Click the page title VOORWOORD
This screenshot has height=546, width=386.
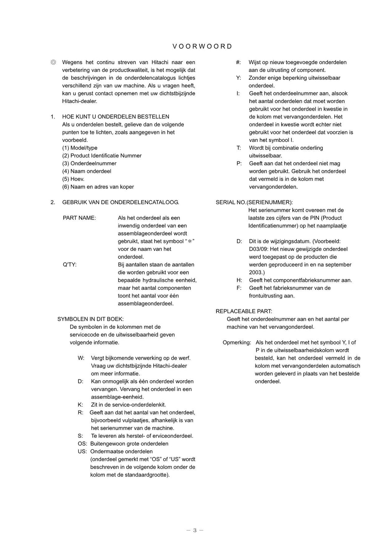[202, 46]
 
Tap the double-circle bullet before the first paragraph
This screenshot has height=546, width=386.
[54, 62]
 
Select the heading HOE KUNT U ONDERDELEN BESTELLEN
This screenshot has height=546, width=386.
[115, 117]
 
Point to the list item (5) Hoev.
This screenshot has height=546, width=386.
[73, 179]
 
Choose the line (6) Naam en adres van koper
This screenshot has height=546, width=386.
[98, 187]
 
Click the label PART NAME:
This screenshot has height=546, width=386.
[79, 218]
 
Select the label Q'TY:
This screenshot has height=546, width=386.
[70, 265]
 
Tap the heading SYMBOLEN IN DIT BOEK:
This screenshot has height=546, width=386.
[90, 319]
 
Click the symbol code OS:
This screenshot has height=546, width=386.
[82, 444]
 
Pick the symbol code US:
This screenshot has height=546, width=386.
[82, 451]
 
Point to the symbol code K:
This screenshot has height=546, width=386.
[80, 405]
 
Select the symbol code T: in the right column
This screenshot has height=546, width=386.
[239, 148]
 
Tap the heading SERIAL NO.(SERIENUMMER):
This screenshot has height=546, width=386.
[254, 202]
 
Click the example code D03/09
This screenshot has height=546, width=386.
[259, 249]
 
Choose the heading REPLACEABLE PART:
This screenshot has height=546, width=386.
[244, 311]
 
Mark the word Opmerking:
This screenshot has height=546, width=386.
[237, 342]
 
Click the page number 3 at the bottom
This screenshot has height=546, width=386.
[195, 530]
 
